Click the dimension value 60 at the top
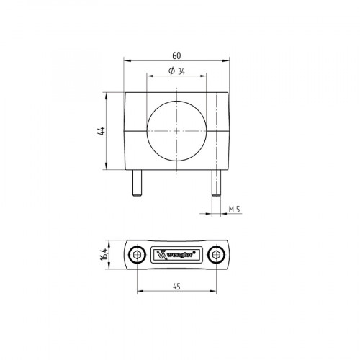176,55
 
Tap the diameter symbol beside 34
169,70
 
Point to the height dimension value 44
102,131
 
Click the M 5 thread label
233,209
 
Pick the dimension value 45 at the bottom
176,286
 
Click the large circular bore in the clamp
176,131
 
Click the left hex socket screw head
137,256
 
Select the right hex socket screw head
215,256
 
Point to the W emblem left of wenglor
161,256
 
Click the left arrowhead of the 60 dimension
126,60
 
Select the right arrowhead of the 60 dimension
227,60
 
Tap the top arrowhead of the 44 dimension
107,94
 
